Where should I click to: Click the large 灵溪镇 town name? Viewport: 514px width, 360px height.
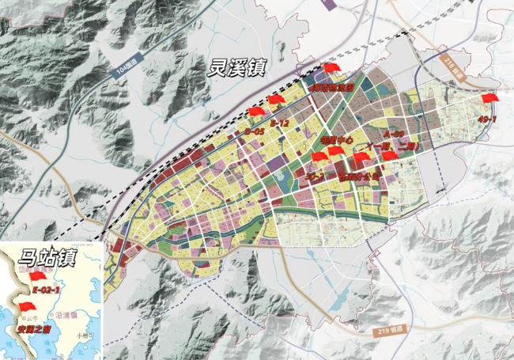point(236,66)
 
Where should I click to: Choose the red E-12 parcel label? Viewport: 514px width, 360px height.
point(279,124)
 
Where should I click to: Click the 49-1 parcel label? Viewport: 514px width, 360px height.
point(488,118)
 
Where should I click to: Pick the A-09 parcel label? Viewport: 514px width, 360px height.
point(393,135)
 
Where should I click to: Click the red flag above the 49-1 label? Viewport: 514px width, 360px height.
point(489,99)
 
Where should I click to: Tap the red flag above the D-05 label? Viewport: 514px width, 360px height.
point(255,112)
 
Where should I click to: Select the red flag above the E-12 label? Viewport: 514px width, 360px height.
point(276,100)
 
